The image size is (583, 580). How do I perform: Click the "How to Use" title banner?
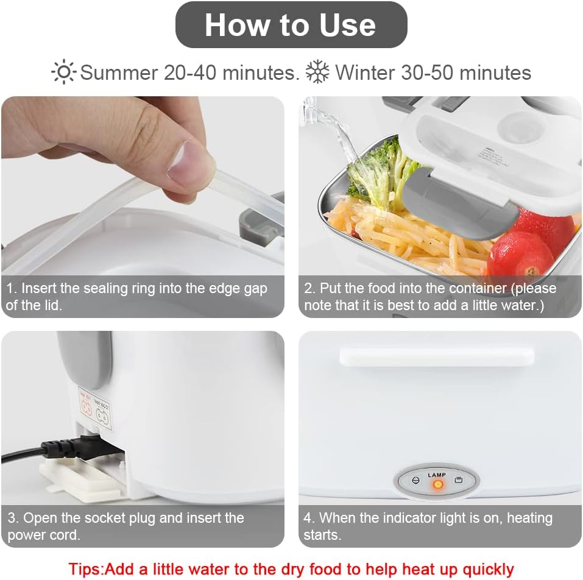point(291,25)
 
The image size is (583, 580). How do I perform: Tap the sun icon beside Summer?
point(63,72)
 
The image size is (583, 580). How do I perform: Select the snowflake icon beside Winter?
point(317,72)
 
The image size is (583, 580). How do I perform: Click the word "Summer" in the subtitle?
point(118,72)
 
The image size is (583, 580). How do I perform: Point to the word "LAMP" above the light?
point(437,475)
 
